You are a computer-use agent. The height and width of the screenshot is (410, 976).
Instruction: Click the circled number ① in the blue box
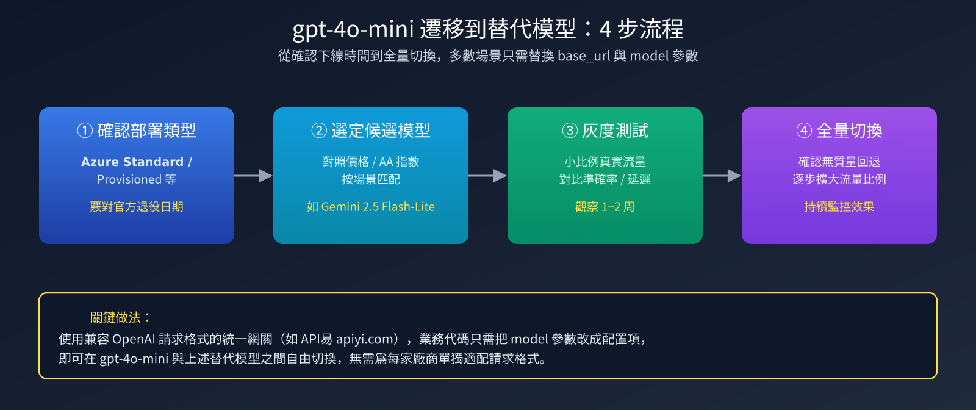click(85, 131)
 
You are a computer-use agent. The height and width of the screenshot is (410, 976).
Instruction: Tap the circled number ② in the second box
click(319, 131)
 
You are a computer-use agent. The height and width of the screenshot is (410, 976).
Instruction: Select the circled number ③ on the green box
click(570, 131)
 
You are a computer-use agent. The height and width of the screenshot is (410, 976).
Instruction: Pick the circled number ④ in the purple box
click(804, 131)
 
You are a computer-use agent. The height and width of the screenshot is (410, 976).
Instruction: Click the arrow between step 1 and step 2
click(254, 176)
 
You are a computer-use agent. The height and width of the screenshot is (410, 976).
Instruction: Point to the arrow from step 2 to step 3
click(487, 176)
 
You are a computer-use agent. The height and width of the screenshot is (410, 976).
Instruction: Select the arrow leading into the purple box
click(722, 176)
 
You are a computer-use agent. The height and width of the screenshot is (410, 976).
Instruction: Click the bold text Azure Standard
click(132, 162)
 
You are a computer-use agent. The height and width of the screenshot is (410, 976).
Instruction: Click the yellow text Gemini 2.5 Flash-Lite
click(378, 206)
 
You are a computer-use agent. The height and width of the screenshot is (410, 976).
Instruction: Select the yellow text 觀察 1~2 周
click(605, 206)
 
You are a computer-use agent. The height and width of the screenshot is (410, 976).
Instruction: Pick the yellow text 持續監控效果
click(839, 206)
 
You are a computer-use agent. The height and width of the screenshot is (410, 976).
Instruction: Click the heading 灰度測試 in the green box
click(615, 131)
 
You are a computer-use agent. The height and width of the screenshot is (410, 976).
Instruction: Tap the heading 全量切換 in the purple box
click(849, 131)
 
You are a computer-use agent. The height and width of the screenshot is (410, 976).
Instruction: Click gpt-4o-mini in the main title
click(353, 30)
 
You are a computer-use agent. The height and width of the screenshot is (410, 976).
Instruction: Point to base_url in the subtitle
click(584, 56)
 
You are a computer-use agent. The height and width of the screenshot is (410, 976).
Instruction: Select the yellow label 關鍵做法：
click(121, 317)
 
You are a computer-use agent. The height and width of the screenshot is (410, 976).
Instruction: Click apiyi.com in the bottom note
click(367, 339)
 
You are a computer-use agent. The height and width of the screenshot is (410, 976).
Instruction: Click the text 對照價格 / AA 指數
click(371, 162)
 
